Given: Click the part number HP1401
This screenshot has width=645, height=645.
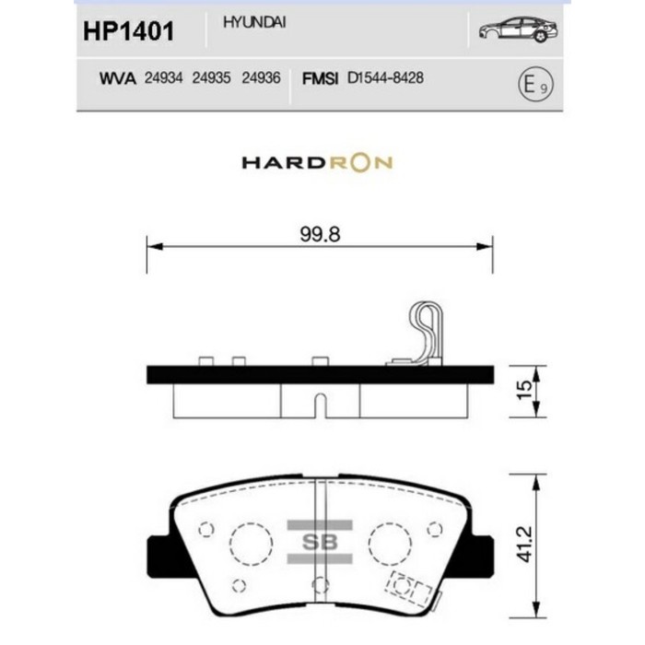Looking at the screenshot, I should tap(128, 31).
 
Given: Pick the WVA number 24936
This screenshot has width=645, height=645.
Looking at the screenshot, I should tap(260, 79).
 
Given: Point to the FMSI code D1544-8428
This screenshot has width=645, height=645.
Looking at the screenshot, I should tap(386, 79).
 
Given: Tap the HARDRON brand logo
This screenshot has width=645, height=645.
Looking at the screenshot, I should tap(317, 163).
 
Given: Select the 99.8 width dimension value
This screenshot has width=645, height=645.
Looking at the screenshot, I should tap(320, 234).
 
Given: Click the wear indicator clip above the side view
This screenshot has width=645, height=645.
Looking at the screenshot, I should tap(425, 331).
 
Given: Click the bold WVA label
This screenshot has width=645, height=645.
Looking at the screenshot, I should tap(117, 79).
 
